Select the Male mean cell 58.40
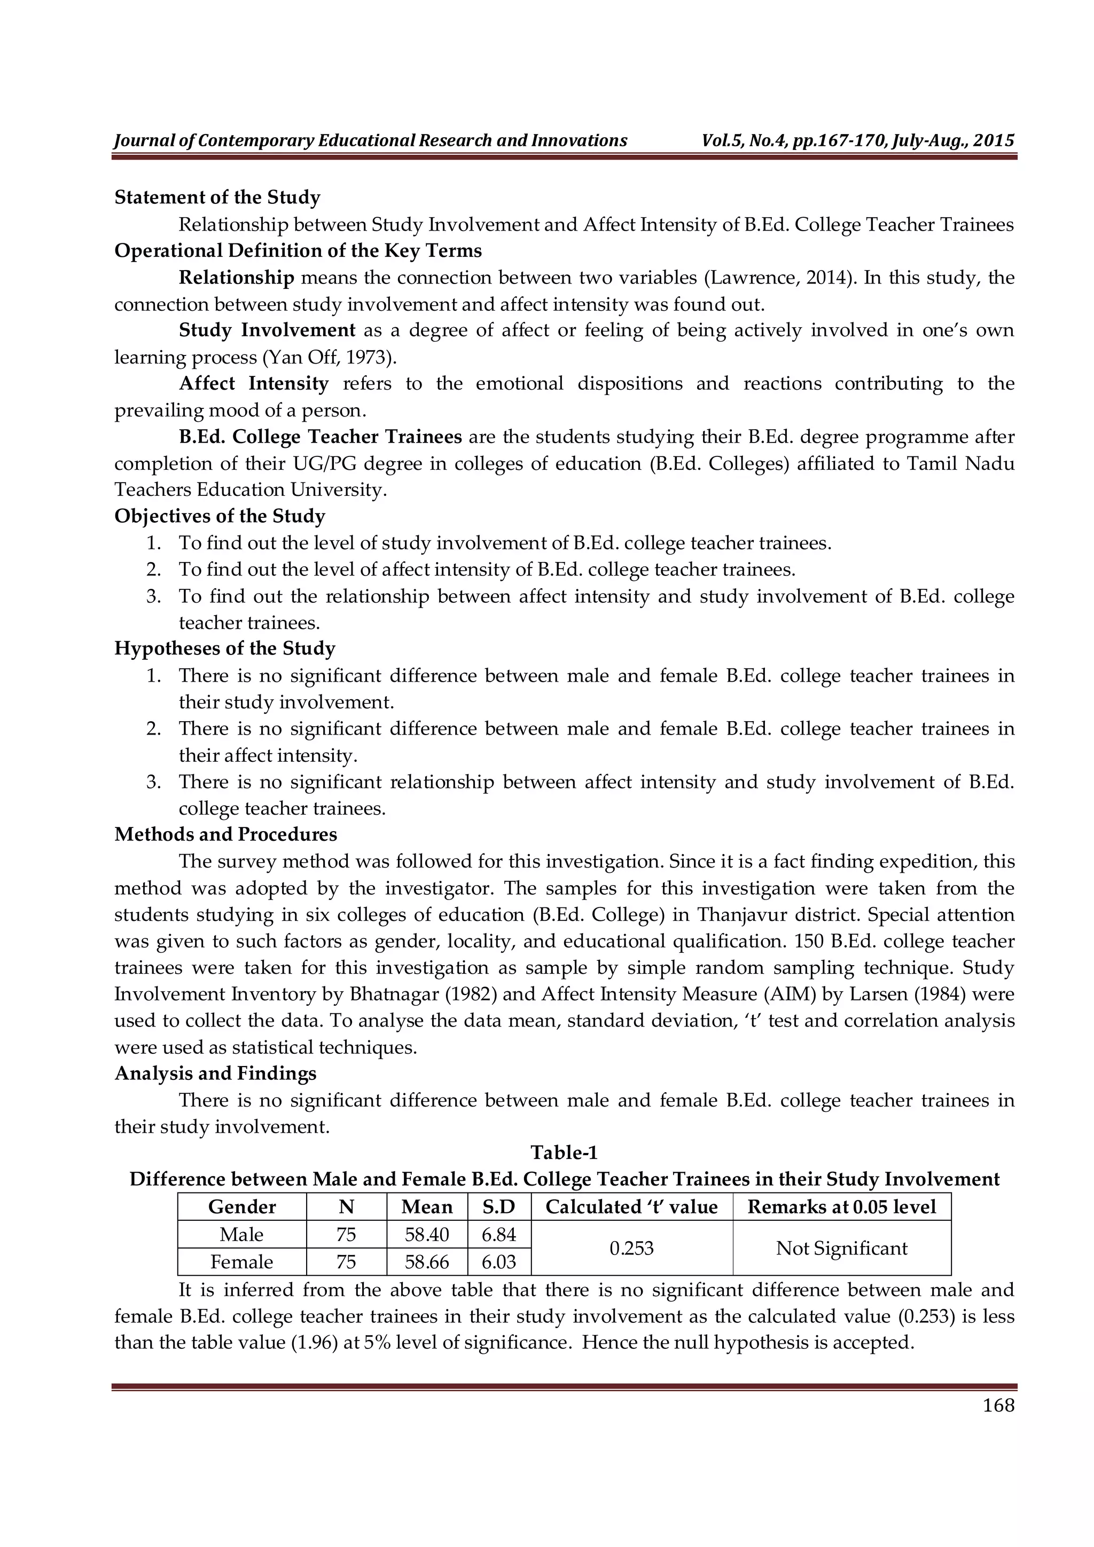click(427, 1234)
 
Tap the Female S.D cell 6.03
click(499, 1261)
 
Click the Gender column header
click(242, 1207)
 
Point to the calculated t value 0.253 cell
click(631, 1248)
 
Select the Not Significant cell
click(841, 1248)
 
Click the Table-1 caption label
click(564, 1152)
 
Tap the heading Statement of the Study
click(217, 198)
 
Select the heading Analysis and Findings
click(216, 1074)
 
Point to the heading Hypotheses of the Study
click(224, 648)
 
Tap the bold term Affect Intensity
click(253, 383)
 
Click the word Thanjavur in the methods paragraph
click(737, 914)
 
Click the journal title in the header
click(371, 141)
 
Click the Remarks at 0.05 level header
click(841, 1207)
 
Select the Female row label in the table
click(242, 1261)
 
